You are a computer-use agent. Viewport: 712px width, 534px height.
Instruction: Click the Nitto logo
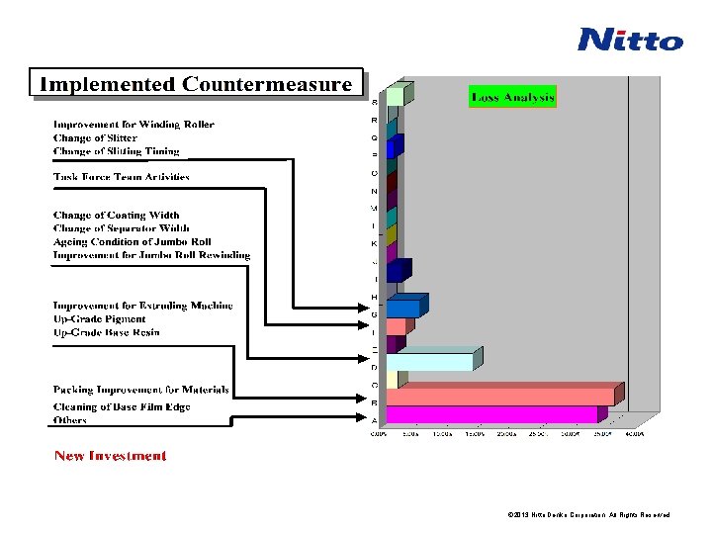pos(630,40)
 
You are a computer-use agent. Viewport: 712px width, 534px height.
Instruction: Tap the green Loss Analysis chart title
pos(512,97)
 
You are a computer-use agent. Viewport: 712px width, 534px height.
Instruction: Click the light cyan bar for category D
pos(429,362)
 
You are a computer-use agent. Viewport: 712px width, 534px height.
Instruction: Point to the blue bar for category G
pos(402,309)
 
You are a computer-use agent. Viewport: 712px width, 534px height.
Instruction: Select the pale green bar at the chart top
pos(395,96)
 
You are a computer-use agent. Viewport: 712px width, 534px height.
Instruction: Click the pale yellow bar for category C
pos(392,380)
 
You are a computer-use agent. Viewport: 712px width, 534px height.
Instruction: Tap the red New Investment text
pos(110,456)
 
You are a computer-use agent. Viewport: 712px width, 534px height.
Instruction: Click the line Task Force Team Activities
pos(121,177)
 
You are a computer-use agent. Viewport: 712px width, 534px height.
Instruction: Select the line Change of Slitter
pos(95,138)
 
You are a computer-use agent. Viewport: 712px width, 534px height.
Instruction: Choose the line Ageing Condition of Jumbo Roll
pos(132,241)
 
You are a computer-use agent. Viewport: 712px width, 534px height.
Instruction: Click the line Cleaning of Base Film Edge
pos(122,406)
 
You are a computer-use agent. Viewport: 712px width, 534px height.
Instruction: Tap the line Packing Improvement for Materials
pos(140,390)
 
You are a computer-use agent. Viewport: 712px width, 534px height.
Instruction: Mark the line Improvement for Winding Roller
pos(133,125)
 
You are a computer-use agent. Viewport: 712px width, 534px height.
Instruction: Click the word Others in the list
pos(70,420)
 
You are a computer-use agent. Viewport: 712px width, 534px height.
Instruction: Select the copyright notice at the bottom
pos(588,515)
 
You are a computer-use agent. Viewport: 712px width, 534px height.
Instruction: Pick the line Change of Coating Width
pos(116,215)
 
